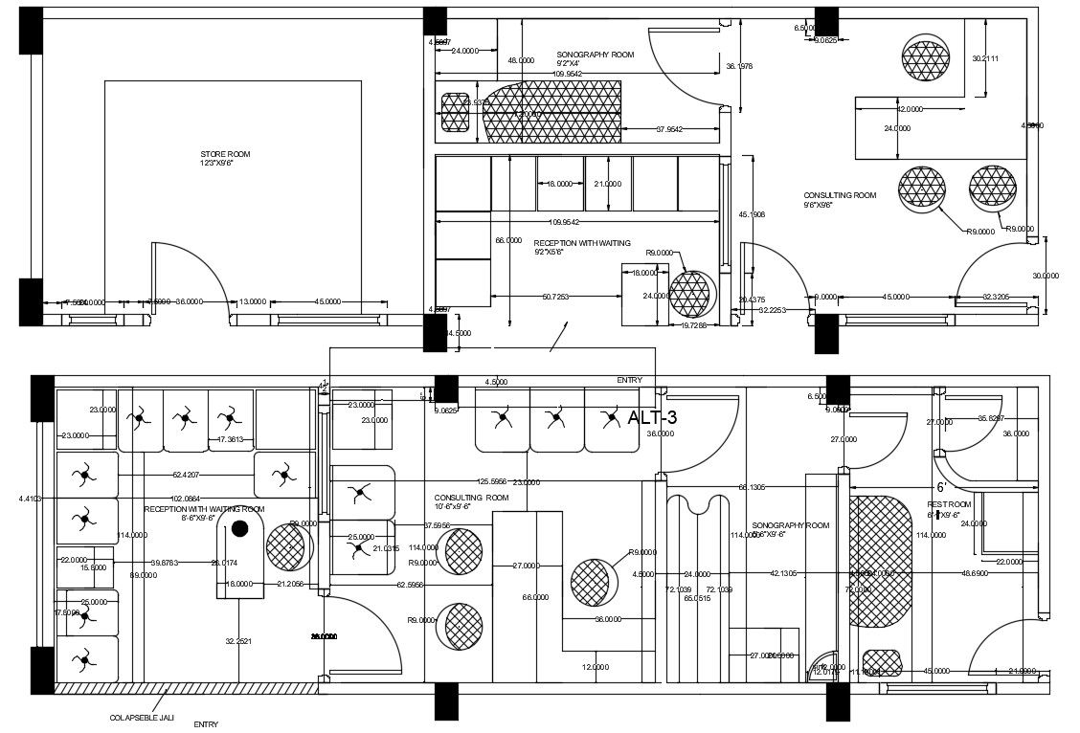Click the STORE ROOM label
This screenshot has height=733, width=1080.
click(x=218, y=154)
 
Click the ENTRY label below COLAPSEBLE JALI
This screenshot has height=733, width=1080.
click(x=206, y=724)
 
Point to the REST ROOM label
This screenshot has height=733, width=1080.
click(x=948, y=504)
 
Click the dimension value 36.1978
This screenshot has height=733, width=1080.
click(x=739, y=66)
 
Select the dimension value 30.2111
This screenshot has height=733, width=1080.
click(x=985, y=58)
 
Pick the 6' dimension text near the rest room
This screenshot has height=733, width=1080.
click(x=941, y=486)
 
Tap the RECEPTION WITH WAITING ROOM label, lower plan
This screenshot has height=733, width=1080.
click(x=204, y=509)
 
